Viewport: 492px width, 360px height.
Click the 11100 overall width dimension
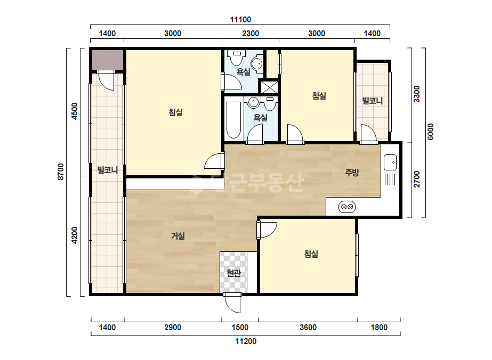point(240,20)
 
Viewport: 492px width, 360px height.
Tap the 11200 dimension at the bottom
point(246,341)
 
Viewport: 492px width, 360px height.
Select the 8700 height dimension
point(61,171)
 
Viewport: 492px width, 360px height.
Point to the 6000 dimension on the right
point(431,132)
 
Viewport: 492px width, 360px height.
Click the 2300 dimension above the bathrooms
point(251,33)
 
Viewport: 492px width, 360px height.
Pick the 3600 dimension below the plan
point(308,328)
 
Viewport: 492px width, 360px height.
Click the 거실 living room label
point(178,236)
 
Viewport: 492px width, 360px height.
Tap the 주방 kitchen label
point(352,172)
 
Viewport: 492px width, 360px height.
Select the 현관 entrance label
point(234,273)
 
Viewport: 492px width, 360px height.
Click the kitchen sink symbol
point(390,162)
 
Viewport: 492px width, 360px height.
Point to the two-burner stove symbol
point(347,207)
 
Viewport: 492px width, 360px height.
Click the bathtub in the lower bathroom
point(234,120)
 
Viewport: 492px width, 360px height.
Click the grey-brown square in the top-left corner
point(107,60)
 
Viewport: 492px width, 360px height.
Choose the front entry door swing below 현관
point(233,303)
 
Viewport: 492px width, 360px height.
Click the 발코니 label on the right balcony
point(373,101)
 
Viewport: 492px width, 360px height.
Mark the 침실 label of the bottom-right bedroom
point(311,253)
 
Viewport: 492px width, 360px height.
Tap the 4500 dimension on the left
point(75,111)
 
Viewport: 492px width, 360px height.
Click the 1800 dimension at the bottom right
point(378,328)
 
